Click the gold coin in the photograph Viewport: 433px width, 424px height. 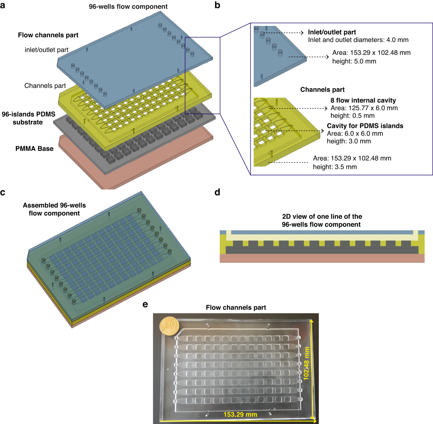[x=169, y=326]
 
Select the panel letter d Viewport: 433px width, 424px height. [x=217, y=192]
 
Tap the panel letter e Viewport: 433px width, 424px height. [x=145, y=305]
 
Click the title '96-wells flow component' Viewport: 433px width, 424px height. [x=128, y=6]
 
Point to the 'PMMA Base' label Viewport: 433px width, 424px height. [x=34, y=149]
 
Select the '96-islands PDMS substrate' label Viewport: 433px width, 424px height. [x=28, y=118]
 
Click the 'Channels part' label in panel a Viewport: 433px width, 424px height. [x=45, y=86]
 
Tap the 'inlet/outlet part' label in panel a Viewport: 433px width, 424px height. [x=47, y=50]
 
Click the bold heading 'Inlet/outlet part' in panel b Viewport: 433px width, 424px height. [x=332, y=32]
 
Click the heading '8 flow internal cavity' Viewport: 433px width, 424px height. [x=363, y=100]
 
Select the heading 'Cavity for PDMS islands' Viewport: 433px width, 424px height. [x=365, y=126]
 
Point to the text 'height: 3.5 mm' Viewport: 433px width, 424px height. [x=335, y=167]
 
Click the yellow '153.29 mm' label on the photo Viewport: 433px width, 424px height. [x=240, y=415]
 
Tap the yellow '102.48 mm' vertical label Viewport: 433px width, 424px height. [x=306, y=363]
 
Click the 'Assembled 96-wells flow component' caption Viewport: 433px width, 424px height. [x=54, y=209]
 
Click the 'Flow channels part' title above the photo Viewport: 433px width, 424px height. [x=236, y=307]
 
